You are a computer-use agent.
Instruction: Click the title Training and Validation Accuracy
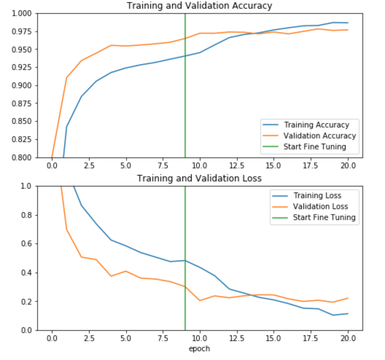[x=199, y=6]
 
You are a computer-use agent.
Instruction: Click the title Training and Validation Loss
[x=199, y=178]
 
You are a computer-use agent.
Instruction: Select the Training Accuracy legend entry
[x=316, y=125]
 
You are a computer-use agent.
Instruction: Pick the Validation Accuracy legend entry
[x=319, y=136]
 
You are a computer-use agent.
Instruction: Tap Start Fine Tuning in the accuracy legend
[x=314, y=147]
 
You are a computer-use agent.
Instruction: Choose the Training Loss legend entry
[x=317, y=196]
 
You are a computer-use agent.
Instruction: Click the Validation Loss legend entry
[x=320, y=207]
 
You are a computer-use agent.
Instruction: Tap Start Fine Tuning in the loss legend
[x=324, y=218]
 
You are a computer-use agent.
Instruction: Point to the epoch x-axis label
[x=199, y=348]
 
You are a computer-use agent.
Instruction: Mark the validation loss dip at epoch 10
[x=200, y=300]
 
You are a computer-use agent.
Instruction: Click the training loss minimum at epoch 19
[x=333, y=315]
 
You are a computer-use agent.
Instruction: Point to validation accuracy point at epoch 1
[x=66, y=78]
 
